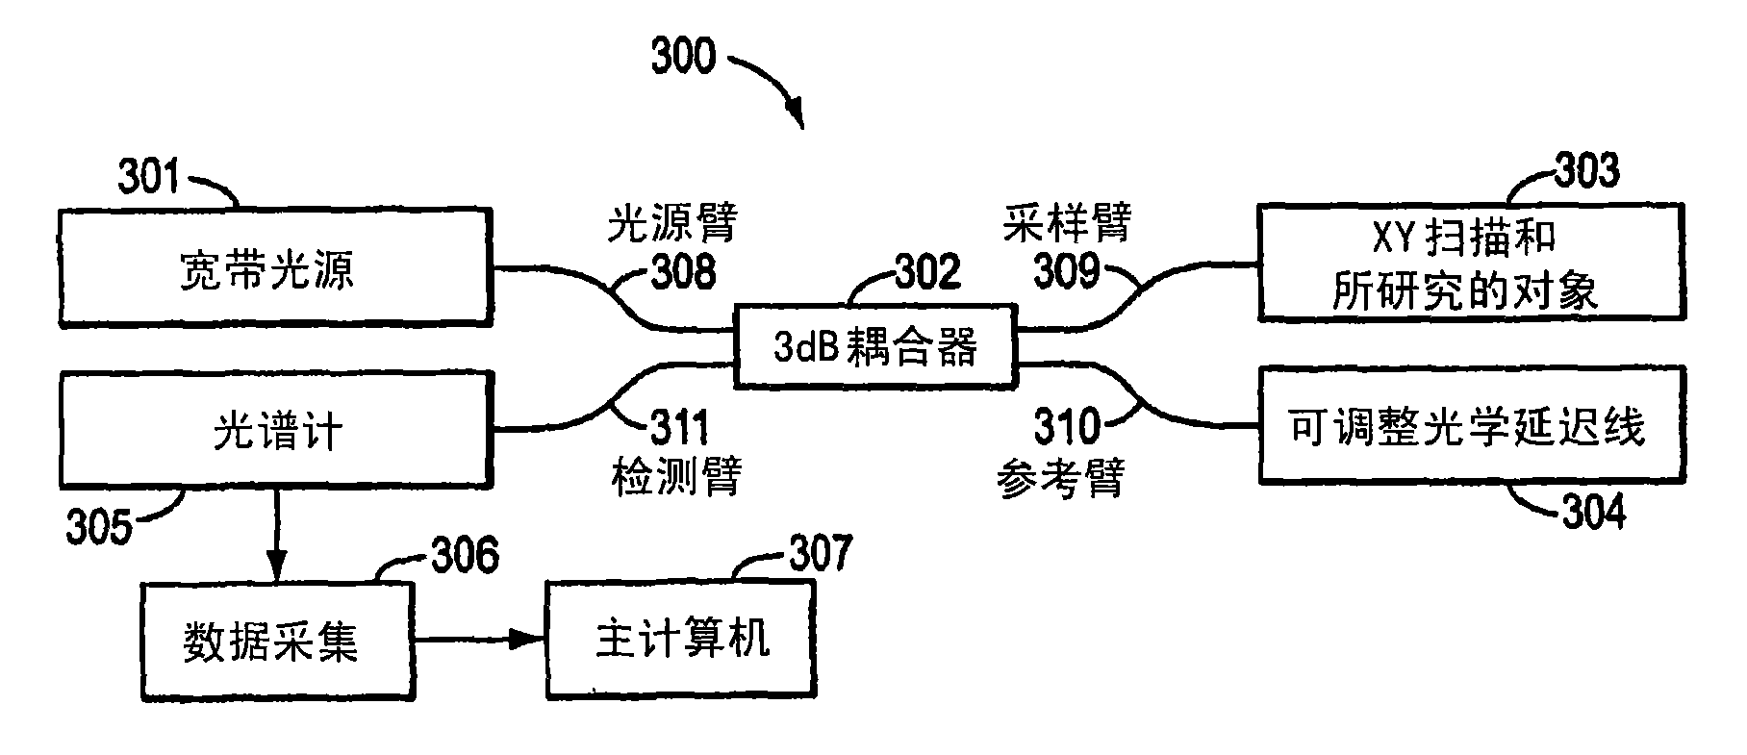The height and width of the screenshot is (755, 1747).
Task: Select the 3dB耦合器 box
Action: click(874, 346)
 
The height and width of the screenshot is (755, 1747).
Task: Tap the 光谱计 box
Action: click(276, 429)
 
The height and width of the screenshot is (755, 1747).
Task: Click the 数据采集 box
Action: click(278, 641)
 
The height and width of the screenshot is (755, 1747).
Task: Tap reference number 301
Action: click(149, 177)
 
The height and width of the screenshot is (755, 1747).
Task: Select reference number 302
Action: click(927, 272)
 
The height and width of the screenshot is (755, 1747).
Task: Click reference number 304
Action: click(1593, 512)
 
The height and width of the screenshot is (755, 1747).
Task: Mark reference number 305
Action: click(98, 527)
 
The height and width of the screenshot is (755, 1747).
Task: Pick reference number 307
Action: click(820, 553)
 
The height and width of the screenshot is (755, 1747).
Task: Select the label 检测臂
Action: click(676, 476)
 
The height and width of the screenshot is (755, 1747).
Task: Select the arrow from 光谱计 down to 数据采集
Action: click(277, 534)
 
